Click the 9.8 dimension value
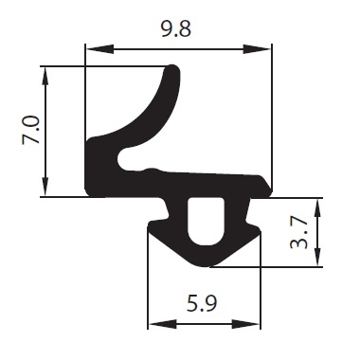point(176,29)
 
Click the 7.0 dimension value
point(30,130)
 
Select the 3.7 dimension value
point(298,233)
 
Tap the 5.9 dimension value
point(202,303)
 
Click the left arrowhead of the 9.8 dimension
point(99,49)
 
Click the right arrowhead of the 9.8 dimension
point(257,49)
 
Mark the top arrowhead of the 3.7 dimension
point(318,207)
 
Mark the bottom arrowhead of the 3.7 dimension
point(318,257)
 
